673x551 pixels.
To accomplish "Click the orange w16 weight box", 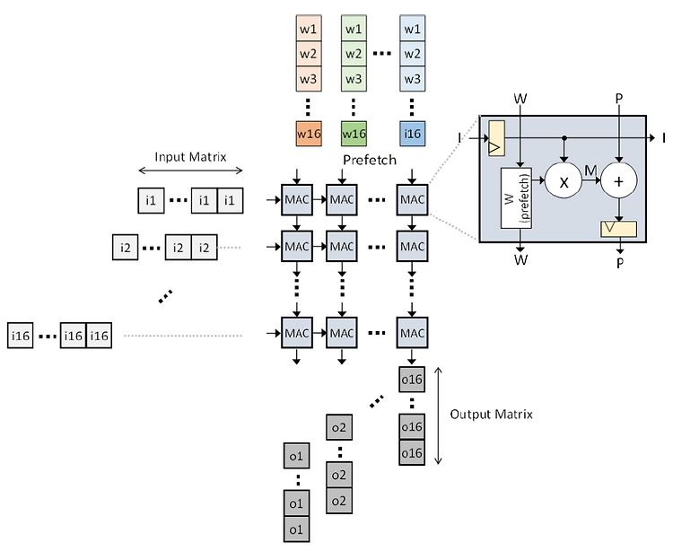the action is (x=309, y=134).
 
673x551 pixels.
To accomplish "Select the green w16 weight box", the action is (x=354, y=134).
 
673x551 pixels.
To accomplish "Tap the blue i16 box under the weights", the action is (x=412, y=134).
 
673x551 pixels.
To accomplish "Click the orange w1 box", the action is (x=309, y=29).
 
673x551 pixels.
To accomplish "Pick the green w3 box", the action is (x=354, y=79).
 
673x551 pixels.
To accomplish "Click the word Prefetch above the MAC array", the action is (x=370, y=160).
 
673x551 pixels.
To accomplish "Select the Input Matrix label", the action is (x=190, y=157).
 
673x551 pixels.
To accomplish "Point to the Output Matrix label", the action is (x=492, y=414).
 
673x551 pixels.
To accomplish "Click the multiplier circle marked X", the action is (x=564, y=180).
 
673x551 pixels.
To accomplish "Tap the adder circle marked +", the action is (x=618, y=180).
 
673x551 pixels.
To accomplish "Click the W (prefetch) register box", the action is (x=516, y=197).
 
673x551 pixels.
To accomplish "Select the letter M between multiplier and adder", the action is (x=590, y=171).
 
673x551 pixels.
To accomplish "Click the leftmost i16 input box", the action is (x=20, y=335).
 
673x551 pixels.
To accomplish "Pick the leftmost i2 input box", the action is (x=126, y=247).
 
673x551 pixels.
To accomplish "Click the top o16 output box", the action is (x=412, y=380).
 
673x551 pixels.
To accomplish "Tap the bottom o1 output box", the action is (x=297, y=529).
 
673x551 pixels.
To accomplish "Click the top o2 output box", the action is (x=339, y=427).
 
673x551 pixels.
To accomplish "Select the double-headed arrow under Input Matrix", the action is (x=190, y=171).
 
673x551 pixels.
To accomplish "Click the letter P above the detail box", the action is (x=618, y=99).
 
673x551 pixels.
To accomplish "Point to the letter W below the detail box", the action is (x=520, y=259).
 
